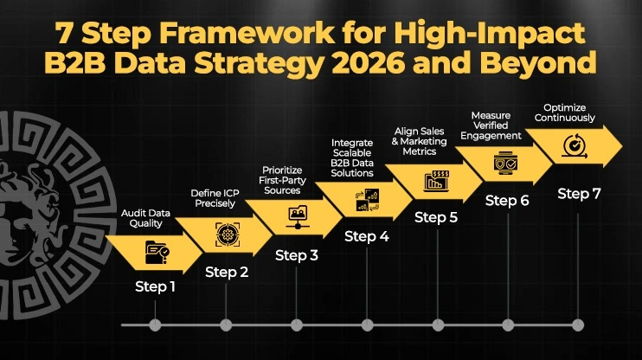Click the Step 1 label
[x=155, y=286]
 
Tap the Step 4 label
[x=367, y=236]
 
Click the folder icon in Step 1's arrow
[x=157, y=253]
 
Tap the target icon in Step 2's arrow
[x=227, y=235]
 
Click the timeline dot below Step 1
[x=156, y=325]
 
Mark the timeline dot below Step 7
[x=578, y=325]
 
